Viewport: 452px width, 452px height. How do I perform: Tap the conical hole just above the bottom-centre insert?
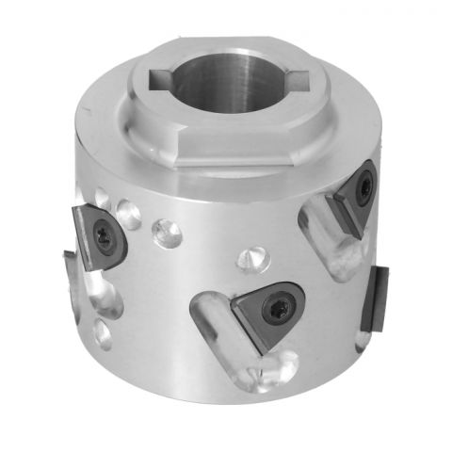coord(251,257)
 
